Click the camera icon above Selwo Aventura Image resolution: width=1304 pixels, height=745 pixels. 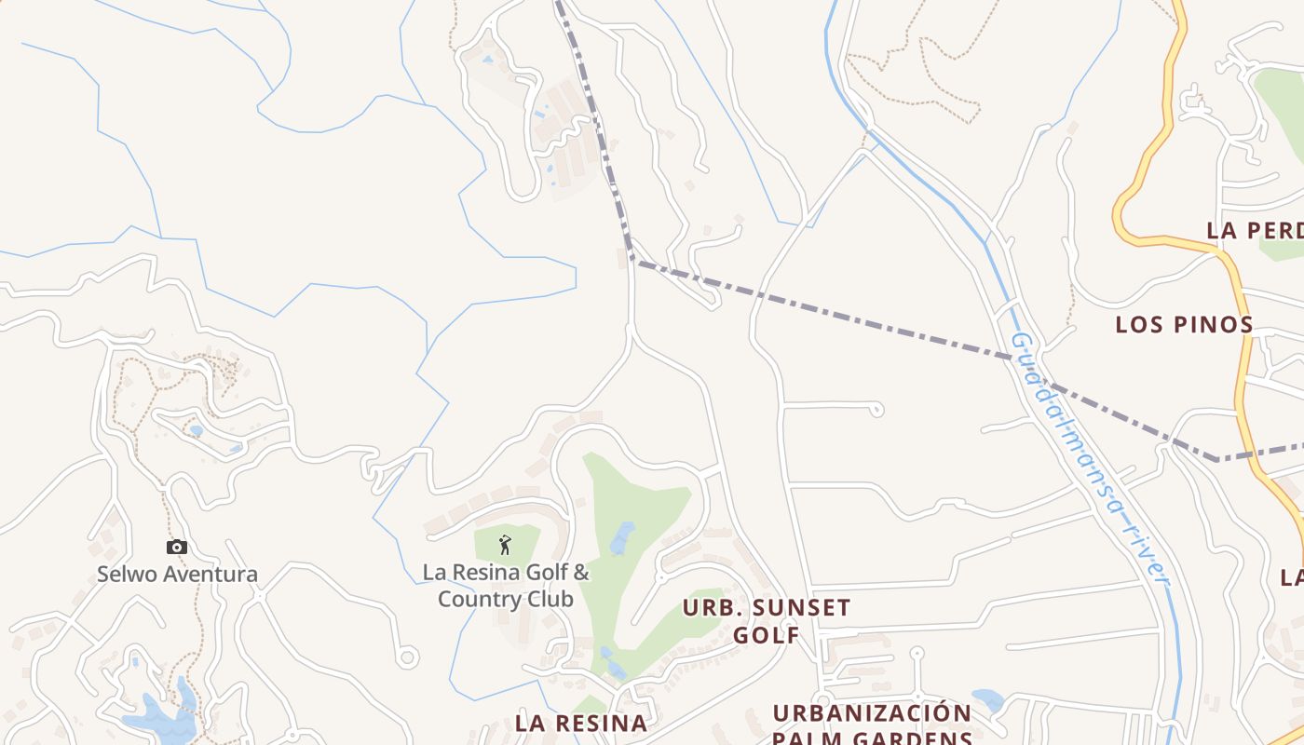(177, 547)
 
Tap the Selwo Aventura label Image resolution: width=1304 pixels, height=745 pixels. (177, 574)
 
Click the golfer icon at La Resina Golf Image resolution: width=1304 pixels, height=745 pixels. (505, 543)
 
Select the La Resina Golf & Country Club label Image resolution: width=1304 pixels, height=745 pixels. (506, 585)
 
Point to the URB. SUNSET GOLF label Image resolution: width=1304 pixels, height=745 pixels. (766, 621)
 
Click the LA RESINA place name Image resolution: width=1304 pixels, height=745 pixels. (581, 723)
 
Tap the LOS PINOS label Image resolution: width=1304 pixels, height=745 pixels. (1184, 325)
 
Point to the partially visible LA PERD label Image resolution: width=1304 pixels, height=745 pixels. (1254, 230)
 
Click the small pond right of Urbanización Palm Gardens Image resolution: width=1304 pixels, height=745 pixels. (987, 699)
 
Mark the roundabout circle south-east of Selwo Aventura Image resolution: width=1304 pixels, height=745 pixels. (407, 657)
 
